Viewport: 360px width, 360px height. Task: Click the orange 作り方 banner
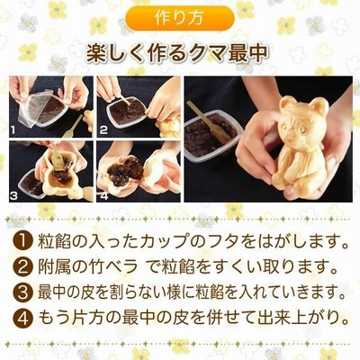[x=179, y=19]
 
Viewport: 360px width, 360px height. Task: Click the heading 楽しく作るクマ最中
[x=177, y=54]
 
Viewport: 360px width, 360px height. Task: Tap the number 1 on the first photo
[x=13, y=130]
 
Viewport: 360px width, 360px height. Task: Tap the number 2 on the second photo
[x=103, y=130]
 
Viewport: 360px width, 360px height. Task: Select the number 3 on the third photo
[x=14, y=195]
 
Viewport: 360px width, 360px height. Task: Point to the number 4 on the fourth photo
[x=103, y=195]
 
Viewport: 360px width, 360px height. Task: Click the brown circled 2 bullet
[x=23, y=267]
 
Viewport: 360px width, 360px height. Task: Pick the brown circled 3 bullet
[x=23, y=292]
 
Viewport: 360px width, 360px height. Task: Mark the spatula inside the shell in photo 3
[x=56, y=158]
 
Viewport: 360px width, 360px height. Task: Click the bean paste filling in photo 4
[x=125, y=172]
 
